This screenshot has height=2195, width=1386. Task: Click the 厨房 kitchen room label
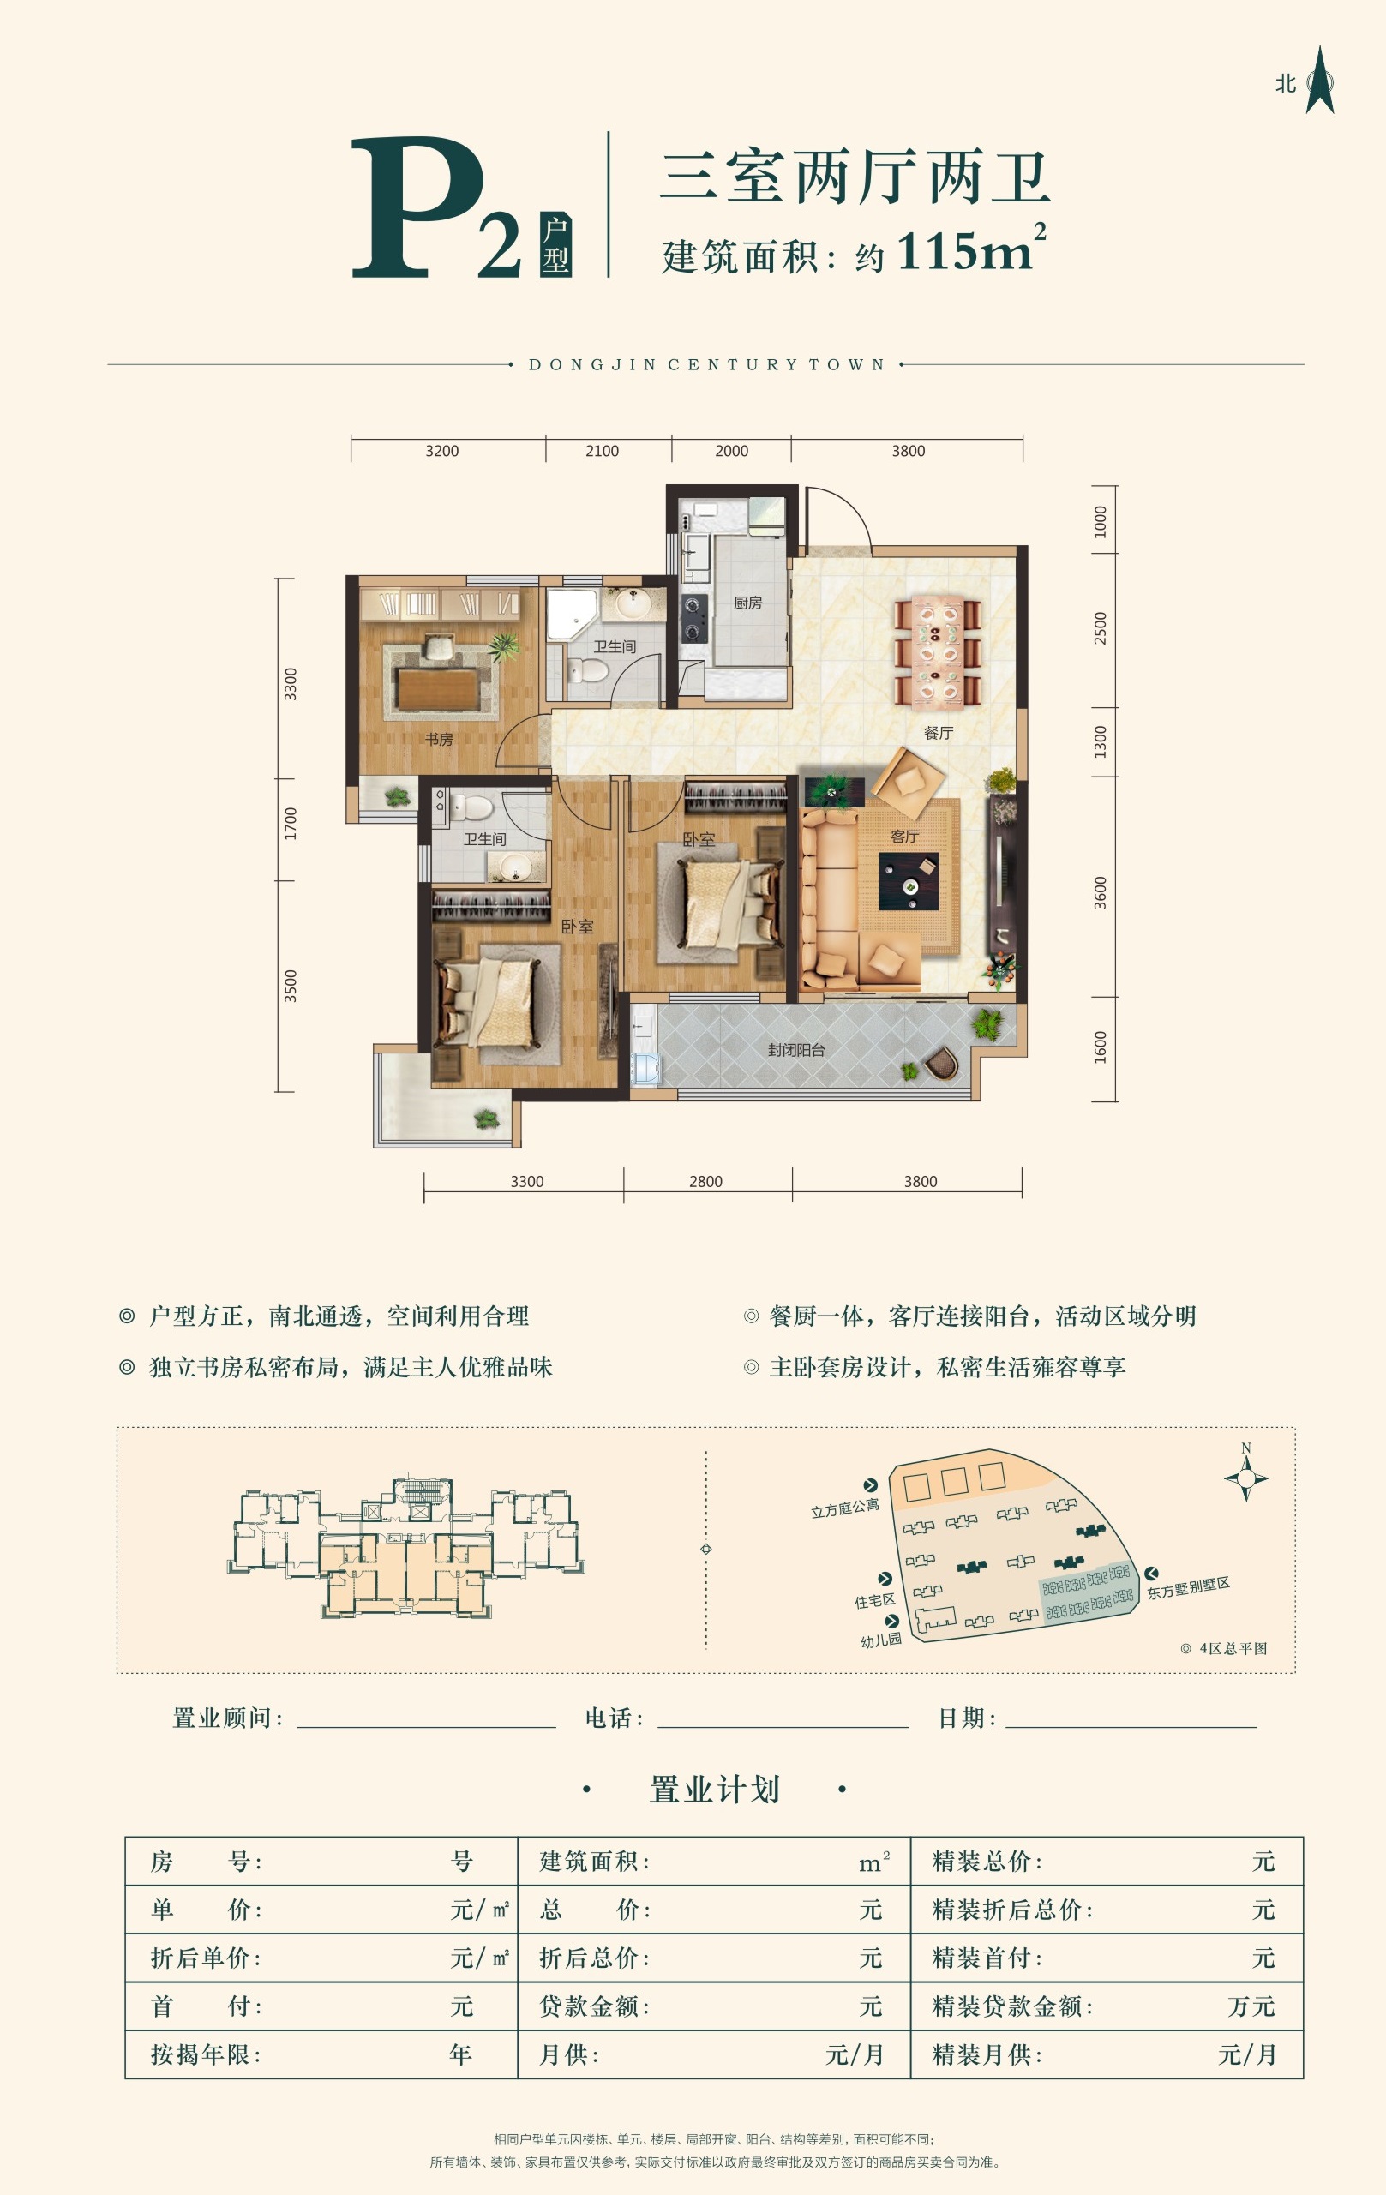(x=747, y=603)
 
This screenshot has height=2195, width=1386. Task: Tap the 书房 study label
(x=439, y=740)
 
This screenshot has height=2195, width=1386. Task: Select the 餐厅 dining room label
(x=939, y=733)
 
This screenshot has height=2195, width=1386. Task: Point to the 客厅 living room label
(x=904, y=836)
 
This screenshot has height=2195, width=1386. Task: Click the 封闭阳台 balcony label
(x=796, y=1049)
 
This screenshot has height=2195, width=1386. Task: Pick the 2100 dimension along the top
(x=602, y=451)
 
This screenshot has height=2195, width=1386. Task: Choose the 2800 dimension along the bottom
(x=705, y=1181)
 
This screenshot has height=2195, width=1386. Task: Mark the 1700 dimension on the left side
(x=290, y=823)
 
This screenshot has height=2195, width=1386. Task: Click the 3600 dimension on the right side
(x=1101, y=892)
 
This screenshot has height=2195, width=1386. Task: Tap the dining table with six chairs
(x=938, y=650)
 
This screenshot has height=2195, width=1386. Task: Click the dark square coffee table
(x=909, y=881)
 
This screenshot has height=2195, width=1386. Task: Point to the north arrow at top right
(x=1318, y=81)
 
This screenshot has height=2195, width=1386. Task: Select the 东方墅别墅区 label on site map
(x=1188, y=1587)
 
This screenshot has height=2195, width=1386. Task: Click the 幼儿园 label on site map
(x=881, y=1640)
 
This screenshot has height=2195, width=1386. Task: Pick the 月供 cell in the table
(x=569, y=2054)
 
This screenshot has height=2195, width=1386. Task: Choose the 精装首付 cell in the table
(x=987, y=1957)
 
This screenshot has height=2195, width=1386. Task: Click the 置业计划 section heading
(x=715, y=1790)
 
